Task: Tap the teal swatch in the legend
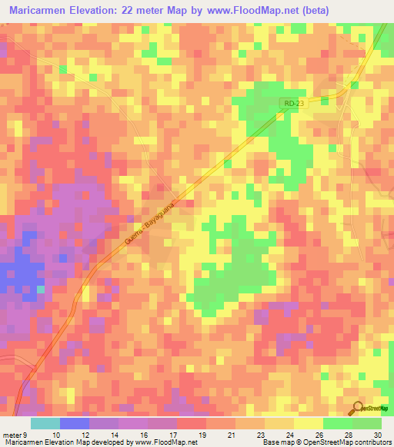pos(45,423)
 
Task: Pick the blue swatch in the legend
pos(75,423)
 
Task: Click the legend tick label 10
pos(56,434)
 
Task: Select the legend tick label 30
pos(377,434)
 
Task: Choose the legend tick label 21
pos(232,434)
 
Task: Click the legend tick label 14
pos(115,434)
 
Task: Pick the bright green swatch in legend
pos(338,423)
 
